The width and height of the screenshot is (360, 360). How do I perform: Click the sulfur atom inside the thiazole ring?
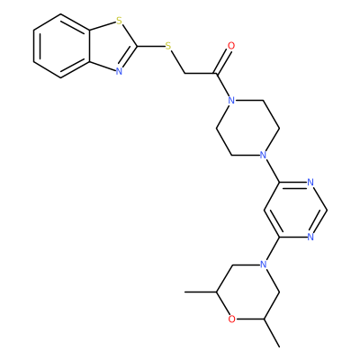pos(120,22)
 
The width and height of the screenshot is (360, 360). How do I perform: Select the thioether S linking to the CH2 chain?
pos(168,46)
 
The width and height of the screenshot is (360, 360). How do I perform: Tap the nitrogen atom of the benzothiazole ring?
pos(119,71)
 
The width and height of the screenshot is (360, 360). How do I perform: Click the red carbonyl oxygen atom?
pos(231,46)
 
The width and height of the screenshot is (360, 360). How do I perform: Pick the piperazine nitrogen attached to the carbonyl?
pos(231,101)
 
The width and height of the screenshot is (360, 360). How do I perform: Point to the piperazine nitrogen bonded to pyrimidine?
pos(263,155)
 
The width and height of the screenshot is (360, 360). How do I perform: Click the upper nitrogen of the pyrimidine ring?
pos(310,183)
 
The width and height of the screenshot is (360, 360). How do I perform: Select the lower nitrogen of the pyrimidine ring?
pos(310,237)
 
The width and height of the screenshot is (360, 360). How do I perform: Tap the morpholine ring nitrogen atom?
pos(263,265)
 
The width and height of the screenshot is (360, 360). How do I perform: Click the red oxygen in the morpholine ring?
pos(231,319)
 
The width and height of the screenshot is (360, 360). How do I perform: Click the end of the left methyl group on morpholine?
pos(184,292)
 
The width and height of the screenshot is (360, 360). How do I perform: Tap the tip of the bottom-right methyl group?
pos(279,346)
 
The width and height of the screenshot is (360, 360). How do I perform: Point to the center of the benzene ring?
pos(61,46)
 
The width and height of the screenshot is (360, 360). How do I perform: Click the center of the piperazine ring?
pos(247,128)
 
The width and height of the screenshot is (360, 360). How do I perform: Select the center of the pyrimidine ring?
pos(295,210)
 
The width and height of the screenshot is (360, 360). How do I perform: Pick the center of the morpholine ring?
pos(247,292)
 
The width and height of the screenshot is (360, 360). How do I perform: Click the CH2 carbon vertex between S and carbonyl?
pos(184,73)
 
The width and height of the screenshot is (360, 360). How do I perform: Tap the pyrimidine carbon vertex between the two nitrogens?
pos(326,210)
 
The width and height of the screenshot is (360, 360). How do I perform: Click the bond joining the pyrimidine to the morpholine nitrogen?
pos(272,249)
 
